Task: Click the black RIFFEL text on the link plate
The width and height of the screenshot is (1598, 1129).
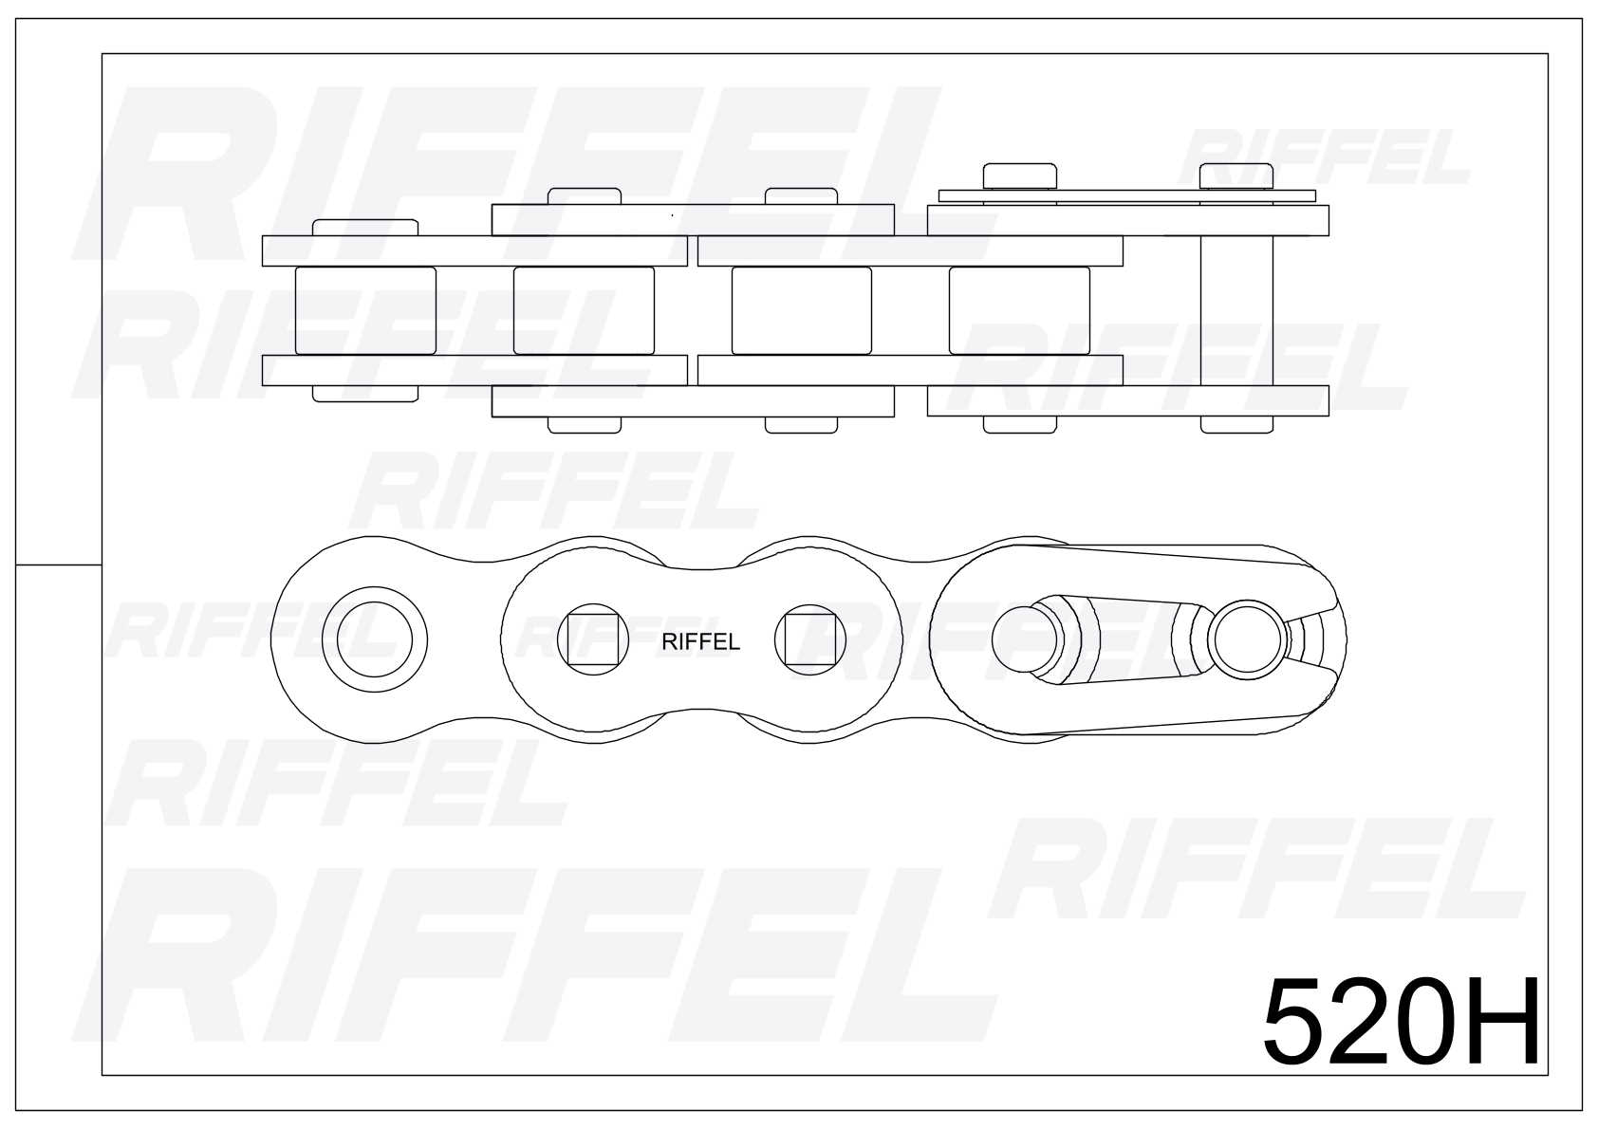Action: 700,642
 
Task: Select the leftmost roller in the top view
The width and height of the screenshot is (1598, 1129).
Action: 365,310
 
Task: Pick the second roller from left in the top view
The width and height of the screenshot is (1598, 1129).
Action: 584,310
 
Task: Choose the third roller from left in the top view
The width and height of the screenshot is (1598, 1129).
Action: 802,310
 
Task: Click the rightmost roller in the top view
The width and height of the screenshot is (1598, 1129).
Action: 1019,310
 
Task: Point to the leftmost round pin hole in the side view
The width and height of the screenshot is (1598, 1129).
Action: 375,639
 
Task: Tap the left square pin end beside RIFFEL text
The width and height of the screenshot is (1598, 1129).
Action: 593,639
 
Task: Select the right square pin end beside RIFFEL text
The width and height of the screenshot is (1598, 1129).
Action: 810,639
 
